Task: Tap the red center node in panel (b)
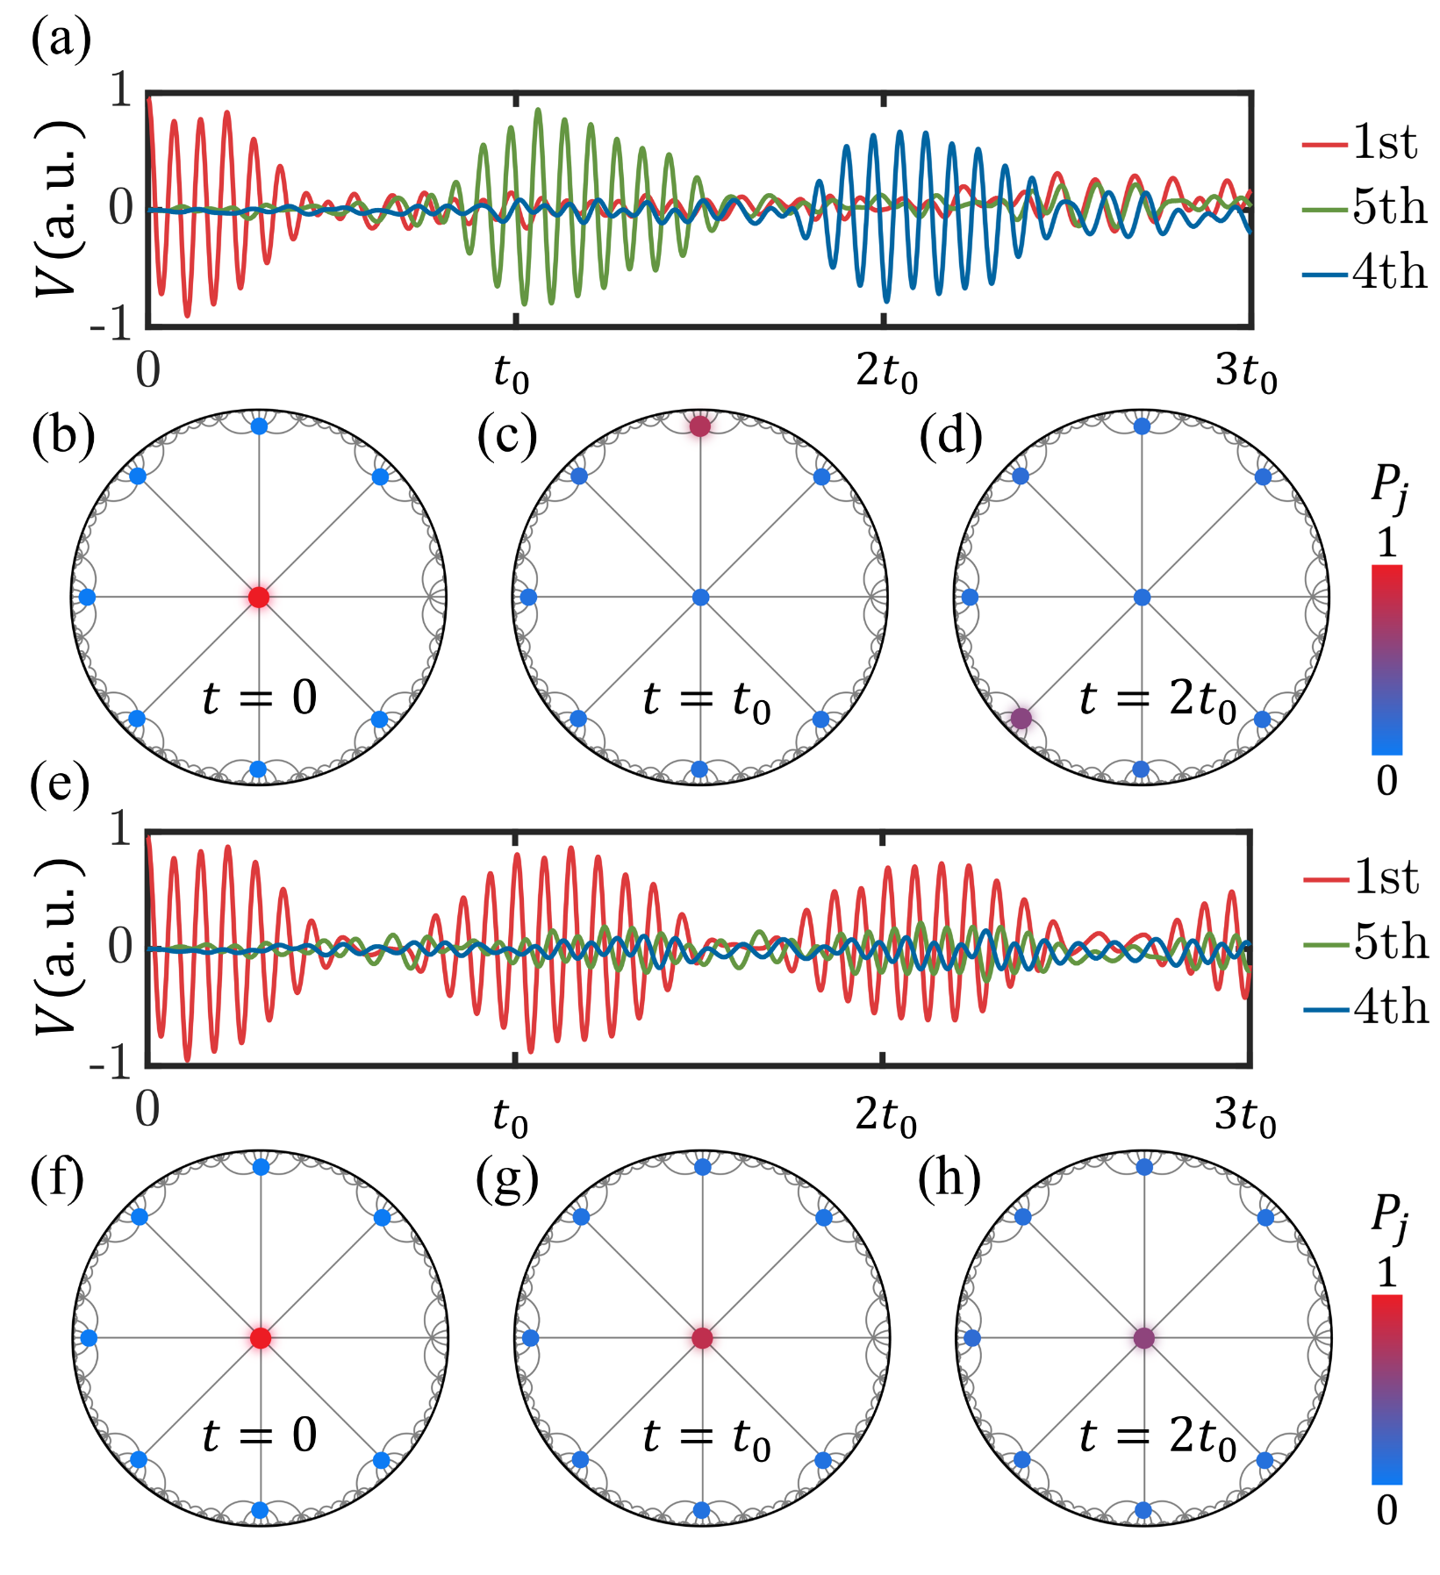click(x=259, y=597)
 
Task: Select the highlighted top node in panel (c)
click(x=699, y=426)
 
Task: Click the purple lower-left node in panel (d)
click(x=1021, y=718)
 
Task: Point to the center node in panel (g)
click(x=702, y=1338)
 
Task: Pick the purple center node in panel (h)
click(x=1143, y=1338)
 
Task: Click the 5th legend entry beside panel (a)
click(x=1365, y=207)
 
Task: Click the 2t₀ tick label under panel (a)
click(x=886, y=372)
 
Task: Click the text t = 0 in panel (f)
click(x=259, y=1435)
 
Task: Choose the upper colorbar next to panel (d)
click(x=1386, y=660)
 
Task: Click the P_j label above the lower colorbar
click(x=1388, y=1218)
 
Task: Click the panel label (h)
click(x=949, y=1179)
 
